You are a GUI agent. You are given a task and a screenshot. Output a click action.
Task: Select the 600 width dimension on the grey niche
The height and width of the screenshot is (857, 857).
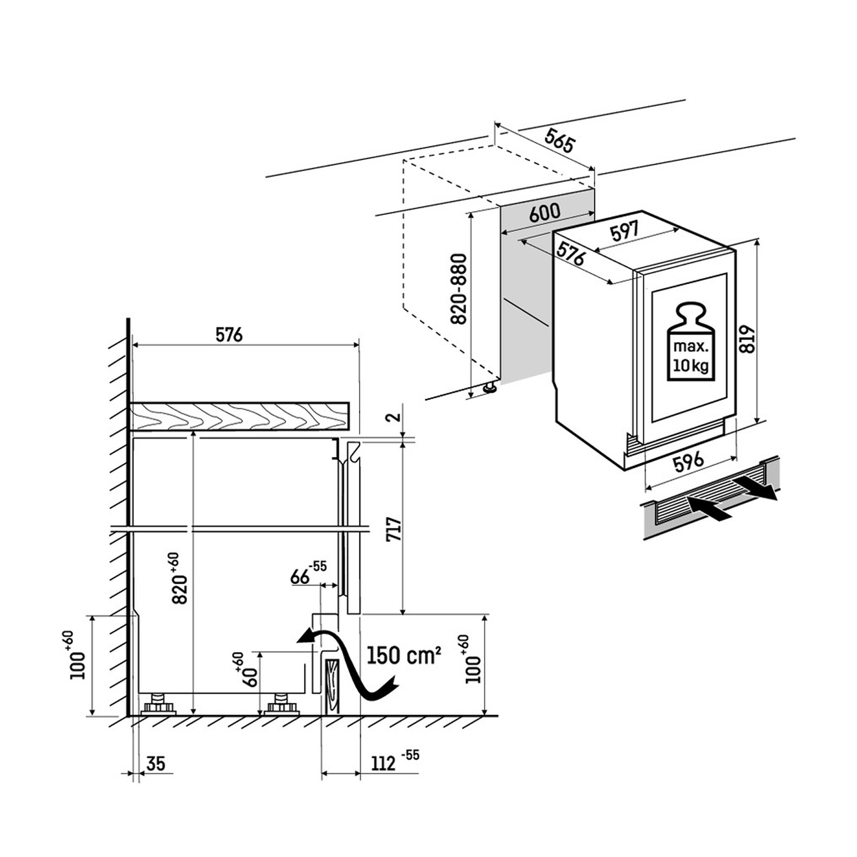coord(544,213)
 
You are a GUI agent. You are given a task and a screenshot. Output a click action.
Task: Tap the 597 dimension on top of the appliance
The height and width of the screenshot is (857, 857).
coord(624,232)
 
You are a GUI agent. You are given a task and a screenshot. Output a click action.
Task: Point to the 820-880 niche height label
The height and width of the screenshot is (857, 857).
coord(459,289)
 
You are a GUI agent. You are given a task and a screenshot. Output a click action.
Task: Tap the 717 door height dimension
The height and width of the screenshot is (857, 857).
coord(394,529)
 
